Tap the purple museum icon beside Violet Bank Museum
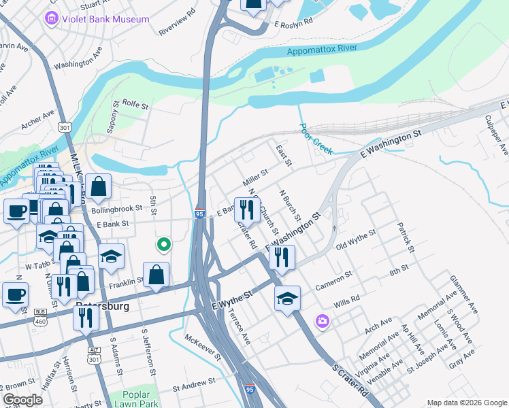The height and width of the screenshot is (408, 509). (51, 19)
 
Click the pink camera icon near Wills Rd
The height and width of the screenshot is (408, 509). (323, 320)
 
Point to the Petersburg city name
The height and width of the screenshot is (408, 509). (102, 305)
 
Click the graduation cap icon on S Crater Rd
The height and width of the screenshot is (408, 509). (287, 298)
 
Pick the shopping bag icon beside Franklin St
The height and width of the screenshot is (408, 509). (157, 275)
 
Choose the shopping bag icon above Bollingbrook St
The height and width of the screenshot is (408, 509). (99, 186)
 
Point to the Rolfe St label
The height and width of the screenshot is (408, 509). (135, 104)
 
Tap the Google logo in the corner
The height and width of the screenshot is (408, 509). (22, 400)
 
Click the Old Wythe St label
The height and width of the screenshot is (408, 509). (356, 241)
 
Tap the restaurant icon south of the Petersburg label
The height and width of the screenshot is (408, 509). (86, 317)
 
